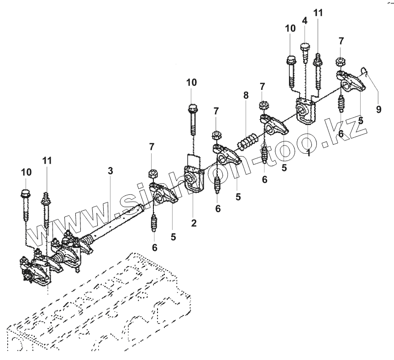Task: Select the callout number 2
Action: click(194, 223)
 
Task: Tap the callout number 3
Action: click(110, 172)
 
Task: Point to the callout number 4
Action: click(305, 21)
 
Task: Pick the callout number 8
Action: click(246, 95)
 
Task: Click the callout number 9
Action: click(378, 110)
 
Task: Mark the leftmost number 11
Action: click(47, 160)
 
